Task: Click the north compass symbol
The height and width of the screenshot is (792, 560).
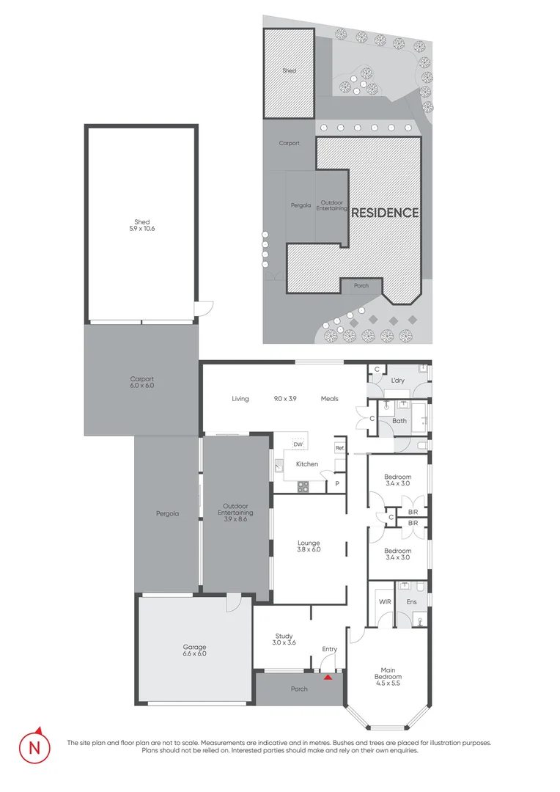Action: [34, 748]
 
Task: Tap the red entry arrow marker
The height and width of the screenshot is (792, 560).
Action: [328, 677]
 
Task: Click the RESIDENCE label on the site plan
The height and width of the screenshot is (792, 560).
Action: [385, 213]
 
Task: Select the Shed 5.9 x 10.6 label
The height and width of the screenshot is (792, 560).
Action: [141, 225]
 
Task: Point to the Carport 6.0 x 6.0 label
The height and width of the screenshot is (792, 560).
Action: [141, 382]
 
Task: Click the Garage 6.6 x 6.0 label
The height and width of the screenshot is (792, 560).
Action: [195, 650]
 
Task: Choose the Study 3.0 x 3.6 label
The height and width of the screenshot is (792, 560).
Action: [284, 639]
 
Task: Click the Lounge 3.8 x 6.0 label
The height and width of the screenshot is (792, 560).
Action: [309, 545]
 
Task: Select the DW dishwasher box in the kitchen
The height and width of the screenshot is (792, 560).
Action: [298, 444]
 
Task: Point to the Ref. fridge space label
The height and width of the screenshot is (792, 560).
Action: [339, 447]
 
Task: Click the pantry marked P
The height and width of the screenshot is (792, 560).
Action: [337, 484]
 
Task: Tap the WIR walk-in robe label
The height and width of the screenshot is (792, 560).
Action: [384, 601]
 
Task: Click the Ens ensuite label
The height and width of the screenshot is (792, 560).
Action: [411, 601]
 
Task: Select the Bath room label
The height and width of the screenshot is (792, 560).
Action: [399, 421]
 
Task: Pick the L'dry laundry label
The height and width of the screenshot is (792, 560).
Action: [398, 380]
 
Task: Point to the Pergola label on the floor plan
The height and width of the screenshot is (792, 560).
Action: [167, 513]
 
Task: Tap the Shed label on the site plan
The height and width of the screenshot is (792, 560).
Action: [289, 71]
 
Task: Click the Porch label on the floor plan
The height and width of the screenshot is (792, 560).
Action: [299, 689]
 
